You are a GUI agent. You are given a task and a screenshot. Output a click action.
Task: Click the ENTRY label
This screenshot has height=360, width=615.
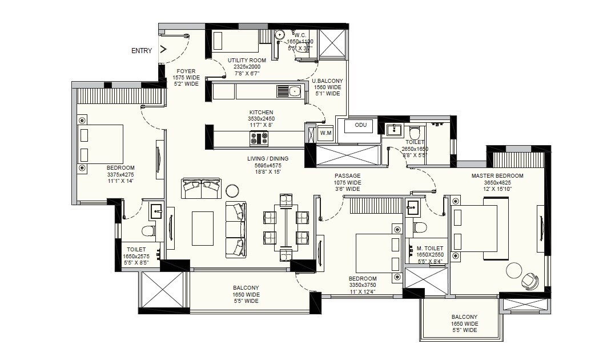pyautogui.click(x=142, y=51)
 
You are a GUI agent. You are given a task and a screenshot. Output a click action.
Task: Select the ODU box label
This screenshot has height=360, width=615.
pyautogui.click(x=360, y=125)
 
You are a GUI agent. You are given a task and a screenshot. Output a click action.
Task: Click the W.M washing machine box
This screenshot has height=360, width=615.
pyautogui.click(x=325, y=134)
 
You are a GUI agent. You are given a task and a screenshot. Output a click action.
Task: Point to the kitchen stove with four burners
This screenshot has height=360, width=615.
pyautogui.click(x=259, y=138)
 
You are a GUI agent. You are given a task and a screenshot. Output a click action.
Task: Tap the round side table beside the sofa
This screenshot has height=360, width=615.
pyautogui.click(x=232, y=190)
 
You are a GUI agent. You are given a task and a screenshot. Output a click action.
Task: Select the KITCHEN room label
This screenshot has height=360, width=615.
pyautogui.click(x=261, y=113)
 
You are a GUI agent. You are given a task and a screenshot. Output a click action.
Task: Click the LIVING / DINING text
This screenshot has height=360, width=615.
pyautogui.click(x=268, y=159)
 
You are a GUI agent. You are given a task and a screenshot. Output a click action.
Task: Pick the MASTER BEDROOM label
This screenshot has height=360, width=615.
pyautogui.click(x=497, y=176)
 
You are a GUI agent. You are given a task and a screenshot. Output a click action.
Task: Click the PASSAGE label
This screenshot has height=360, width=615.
pyautogui.click(x=347, y=176)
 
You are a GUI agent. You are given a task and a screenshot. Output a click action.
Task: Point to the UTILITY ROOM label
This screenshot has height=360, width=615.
pyautogui.click(x=247, y=60)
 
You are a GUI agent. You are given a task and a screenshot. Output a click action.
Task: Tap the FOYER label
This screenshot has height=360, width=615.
pyautogui.click(x=186, y=71)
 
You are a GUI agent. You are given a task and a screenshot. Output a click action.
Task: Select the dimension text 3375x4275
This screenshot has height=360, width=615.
pyautogui.click(x=120, y=174)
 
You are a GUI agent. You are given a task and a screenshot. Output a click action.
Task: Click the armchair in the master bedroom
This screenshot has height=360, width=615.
pyautogui.click(x=530, y=281)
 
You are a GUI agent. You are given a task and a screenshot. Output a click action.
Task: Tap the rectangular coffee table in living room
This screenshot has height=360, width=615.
pyautogui.click(x=202, y=228)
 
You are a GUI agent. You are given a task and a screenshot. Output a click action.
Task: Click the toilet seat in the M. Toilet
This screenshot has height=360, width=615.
pyautogui.click(x=420, y=227)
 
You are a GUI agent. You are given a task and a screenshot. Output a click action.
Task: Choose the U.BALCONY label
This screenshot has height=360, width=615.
pyautogui.click(x=327, y=81)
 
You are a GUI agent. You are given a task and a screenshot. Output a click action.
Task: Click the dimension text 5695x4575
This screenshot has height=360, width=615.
pyautogui.click(x=268, y=166)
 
